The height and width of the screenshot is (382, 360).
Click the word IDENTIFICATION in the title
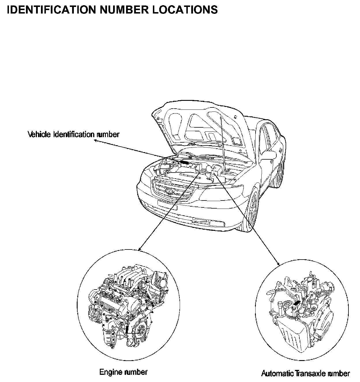pos(51,10)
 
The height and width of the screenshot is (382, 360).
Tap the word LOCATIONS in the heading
pos(185,10)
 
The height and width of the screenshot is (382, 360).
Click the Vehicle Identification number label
pos(74,134)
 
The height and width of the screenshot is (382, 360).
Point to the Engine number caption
pos(123,372)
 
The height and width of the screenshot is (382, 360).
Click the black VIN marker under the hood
pos(185,162)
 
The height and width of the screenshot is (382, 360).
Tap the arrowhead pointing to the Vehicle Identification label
pos(95,141)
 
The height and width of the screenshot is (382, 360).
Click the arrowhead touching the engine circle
pos(140,249)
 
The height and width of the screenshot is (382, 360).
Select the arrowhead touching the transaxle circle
pos(278,264)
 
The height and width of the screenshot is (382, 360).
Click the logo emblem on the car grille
pos(169,191)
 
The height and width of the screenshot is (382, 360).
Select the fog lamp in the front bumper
pos(217,224)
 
